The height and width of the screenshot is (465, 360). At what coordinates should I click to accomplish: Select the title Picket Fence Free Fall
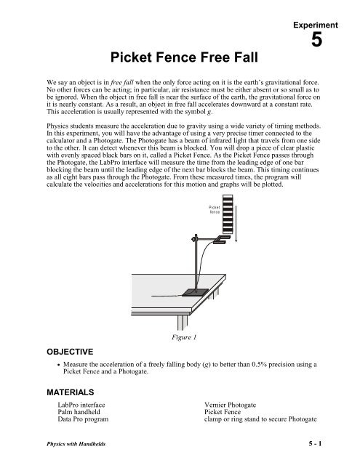(180, 56)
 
